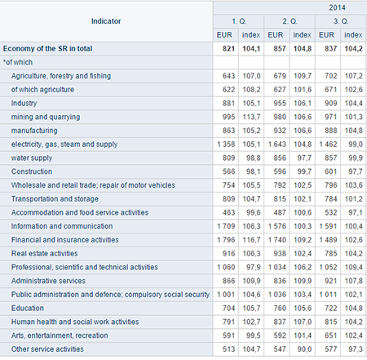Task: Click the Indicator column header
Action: pos(106,21)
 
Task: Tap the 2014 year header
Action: pos(337,7)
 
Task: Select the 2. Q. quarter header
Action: pos(290,21)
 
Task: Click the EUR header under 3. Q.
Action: pos(326,35)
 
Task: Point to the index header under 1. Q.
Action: pos(251,35)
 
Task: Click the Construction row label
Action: pos(32,171)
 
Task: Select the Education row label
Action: pos(28,308)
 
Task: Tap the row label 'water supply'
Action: pos(32,158)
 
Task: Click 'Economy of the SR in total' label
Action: pos(47,49)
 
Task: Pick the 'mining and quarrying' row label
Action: pos(46,117)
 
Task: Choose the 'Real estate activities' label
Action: pos(44,253)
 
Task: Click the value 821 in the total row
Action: pos(228,49)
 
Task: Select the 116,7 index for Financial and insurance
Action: pos(251,240)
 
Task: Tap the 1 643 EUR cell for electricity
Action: pos(277,144)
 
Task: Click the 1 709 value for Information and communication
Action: pos(226,226)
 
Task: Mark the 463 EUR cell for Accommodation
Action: pos(228,212)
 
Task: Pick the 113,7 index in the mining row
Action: pos(251,117)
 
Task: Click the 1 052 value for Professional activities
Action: pos(328,267)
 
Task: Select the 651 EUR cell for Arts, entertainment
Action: pos(331,336)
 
